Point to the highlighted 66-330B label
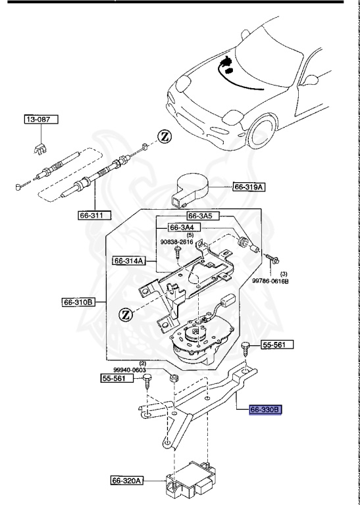tap(265, 410)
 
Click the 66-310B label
tap(79, 303)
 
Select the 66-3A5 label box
tap(201, 215)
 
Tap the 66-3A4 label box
tap(184, 228)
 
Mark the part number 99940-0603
tap(147, 370)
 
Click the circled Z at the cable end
tap(164, 137)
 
